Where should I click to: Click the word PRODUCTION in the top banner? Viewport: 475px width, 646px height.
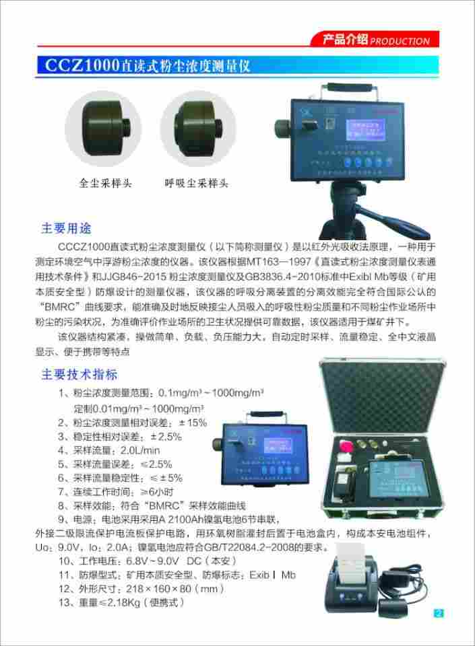coord(400,41)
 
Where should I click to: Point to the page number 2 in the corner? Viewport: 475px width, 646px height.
coord(439,612)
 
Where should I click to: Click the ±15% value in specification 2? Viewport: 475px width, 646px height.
coord(192,423)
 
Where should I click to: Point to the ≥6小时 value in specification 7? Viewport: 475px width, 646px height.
coord(158,492)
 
